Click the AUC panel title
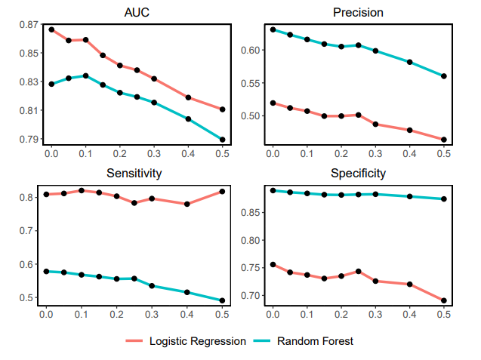(136, 12)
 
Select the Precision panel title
(358, 12)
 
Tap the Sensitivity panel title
(136, 173)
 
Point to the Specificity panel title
(358, 173)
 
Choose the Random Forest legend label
(315, 341)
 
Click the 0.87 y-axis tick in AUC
(28, 25)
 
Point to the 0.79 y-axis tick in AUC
(28, 140)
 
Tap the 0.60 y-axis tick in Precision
(250, 50)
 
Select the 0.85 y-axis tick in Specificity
(250, 213)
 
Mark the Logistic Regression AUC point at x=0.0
(51, 29)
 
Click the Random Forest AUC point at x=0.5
(222, 140)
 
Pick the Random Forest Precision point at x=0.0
(273, 29)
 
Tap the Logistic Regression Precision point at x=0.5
(444, 140)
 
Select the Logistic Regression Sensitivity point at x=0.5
(222, 192)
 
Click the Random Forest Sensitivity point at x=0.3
(153, 286)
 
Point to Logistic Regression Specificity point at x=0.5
(444, 300)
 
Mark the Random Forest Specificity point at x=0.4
(410, 196)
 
